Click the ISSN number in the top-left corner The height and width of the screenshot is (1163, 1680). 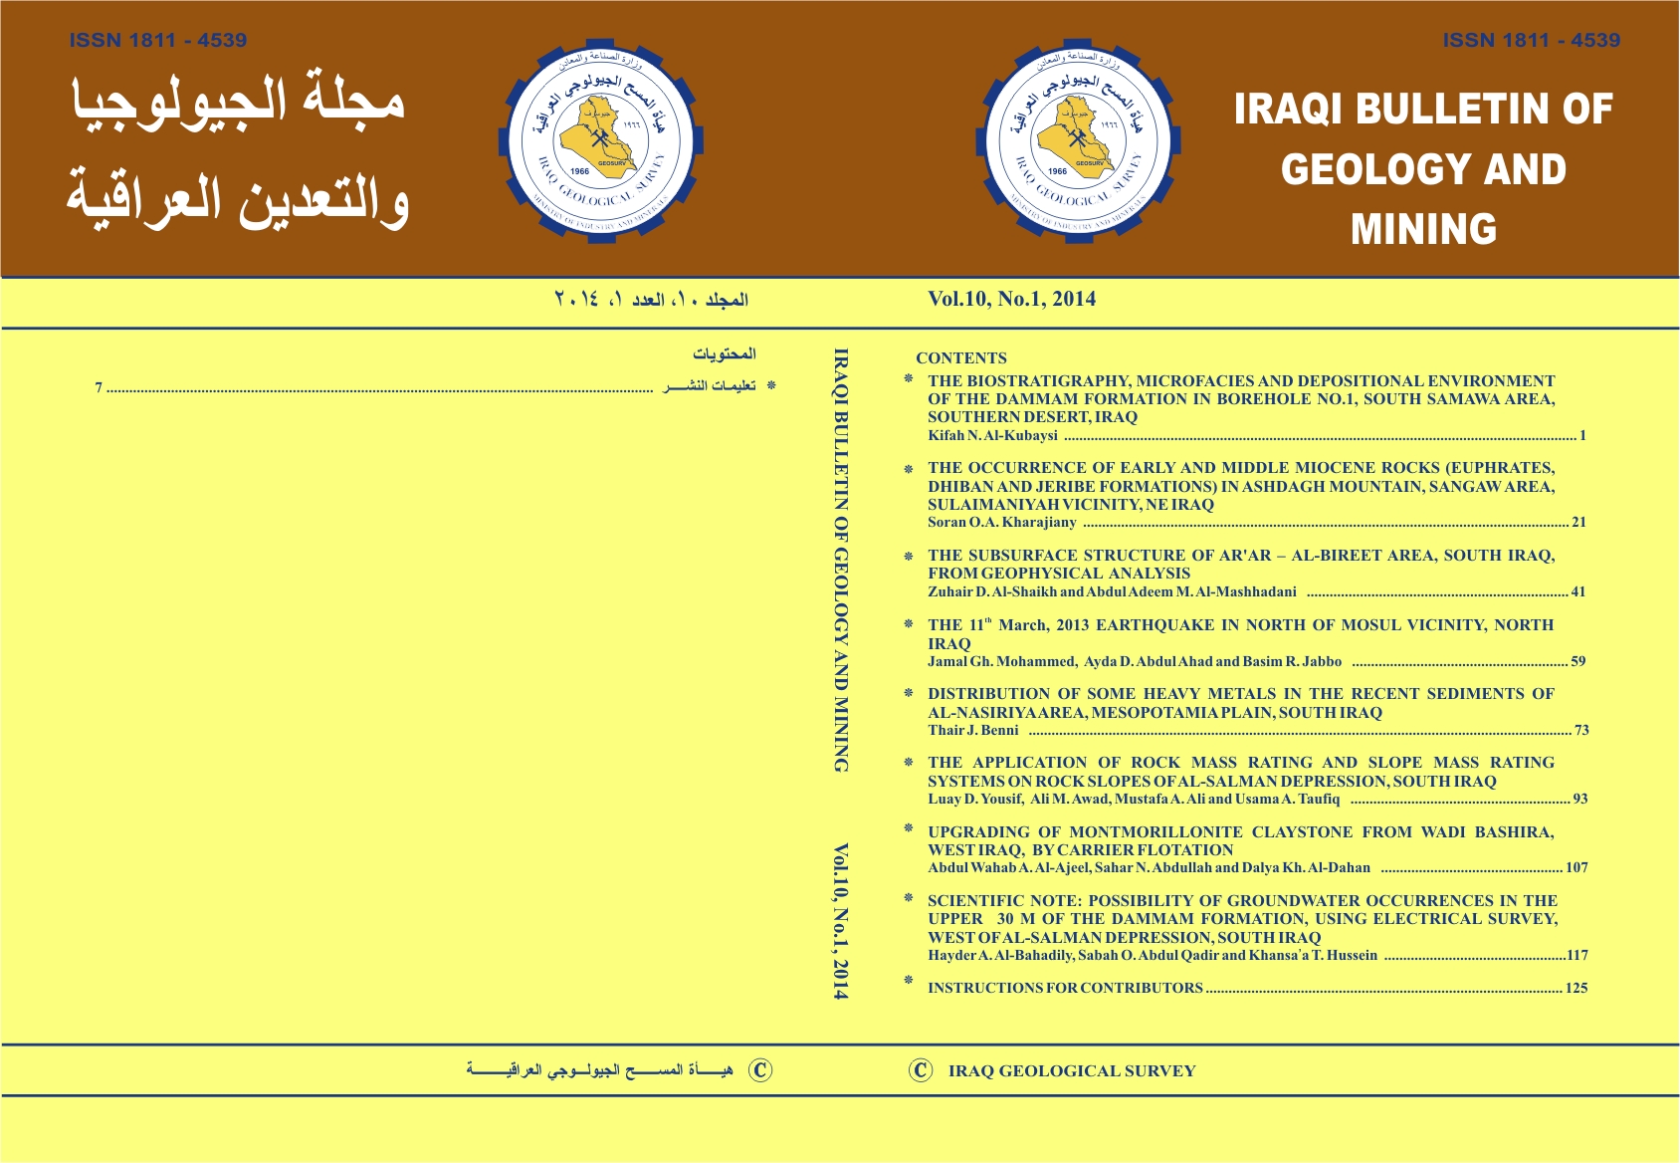[x=158, y=41]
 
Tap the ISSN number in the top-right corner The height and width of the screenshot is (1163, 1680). [x=1531, y=41]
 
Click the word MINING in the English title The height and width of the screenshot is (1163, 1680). [x=1423, y=230]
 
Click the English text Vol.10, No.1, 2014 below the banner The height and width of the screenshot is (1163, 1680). [x=1011, y=299]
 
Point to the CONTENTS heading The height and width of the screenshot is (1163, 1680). [x=960, y=358]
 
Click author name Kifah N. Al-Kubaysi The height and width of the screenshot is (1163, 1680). [x=992, y=436]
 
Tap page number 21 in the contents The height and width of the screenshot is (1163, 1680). [x=1578, y=522]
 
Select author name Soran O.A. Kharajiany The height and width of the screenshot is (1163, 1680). [x=1001, y=522]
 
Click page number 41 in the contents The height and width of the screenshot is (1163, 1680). [x=1578, y=591]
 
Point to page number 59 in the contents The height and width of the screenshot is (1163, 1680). [x=1578, y=661]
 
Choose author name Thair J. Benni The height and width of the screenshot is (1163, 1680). [x=972, y=730]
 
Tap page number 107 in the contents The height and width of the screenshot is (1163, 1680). [x=1576, y=867]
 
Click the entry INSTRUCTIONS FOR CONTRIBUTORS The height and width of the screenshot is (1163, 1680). [x=1065, y=989]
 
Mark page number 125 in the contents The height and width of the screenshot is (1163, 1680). [x=1576, y=989]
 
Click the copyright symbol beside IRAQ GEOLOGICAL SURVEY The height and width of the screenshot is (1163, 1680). [x=921, y=1070]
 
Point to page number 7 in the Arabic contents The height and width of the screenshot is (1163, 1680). [x=99, y=387]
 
